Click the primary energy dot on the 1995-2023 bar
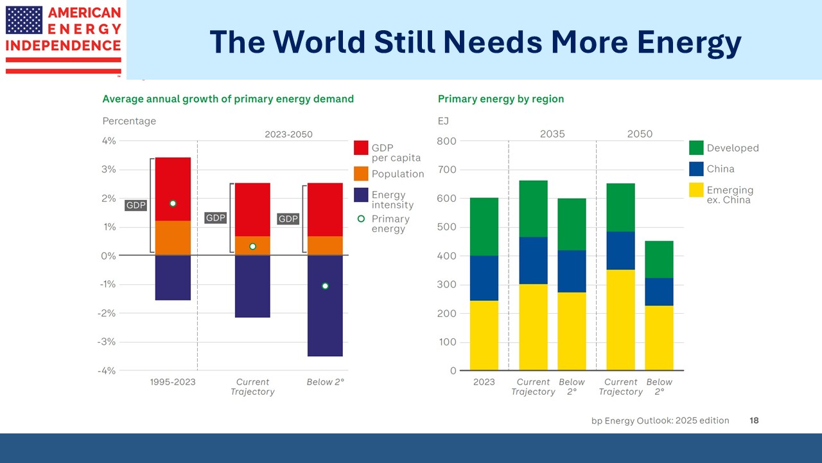pyautogui.click(x=173, y=203)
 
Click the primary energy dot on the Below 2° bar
pyautogui.click(x=325, y=286)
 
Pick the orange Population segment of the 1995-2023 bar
pyautogui.click(x=173, y=238)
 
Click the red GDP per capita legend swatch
pyautogui.click(x=361, y=148)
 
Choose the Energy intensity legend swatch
pyautogui.click(x=361, y=195)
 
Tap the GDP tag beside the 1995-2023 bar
pyautogui.click(x=136, y=206)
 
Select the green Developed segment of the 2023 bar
pyautogui.click(x=484, y=226)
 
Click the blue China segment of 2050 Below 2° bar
pyautogui.click(x=660, y=291)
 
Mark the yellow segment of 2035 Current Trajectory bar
pyautogui.click(x=533, y=327)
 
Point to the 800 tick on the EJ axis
pyautogui.click(x=448, y=141)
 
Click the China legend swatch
pyautogui.click(x=696, y=168)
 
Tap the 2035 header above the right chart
pyautogui.click(x=552, y=134)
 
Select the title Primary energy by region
pyautogui.click(x=501, y=99)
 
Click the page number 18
pyautogui.click(x=754, y=421)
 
